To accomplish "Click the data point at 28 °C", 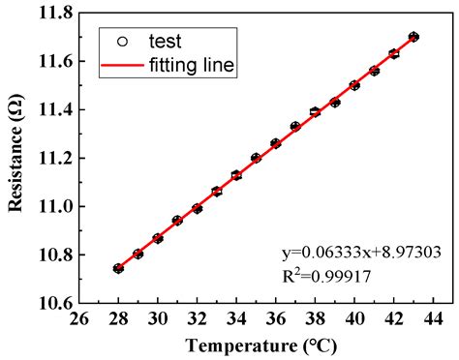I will click(118, 268).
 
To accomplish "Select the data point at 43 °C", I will click(413, 37).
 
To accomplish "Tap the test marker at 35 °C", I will click(256, 158).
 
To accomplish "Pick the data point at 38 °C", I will click(315, 112).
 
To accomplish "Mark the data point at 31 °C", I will click(177, 221).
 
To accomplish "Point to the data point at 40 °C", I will click(354, 85).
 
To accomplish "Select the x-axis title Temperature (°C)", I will click(256, 345).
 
